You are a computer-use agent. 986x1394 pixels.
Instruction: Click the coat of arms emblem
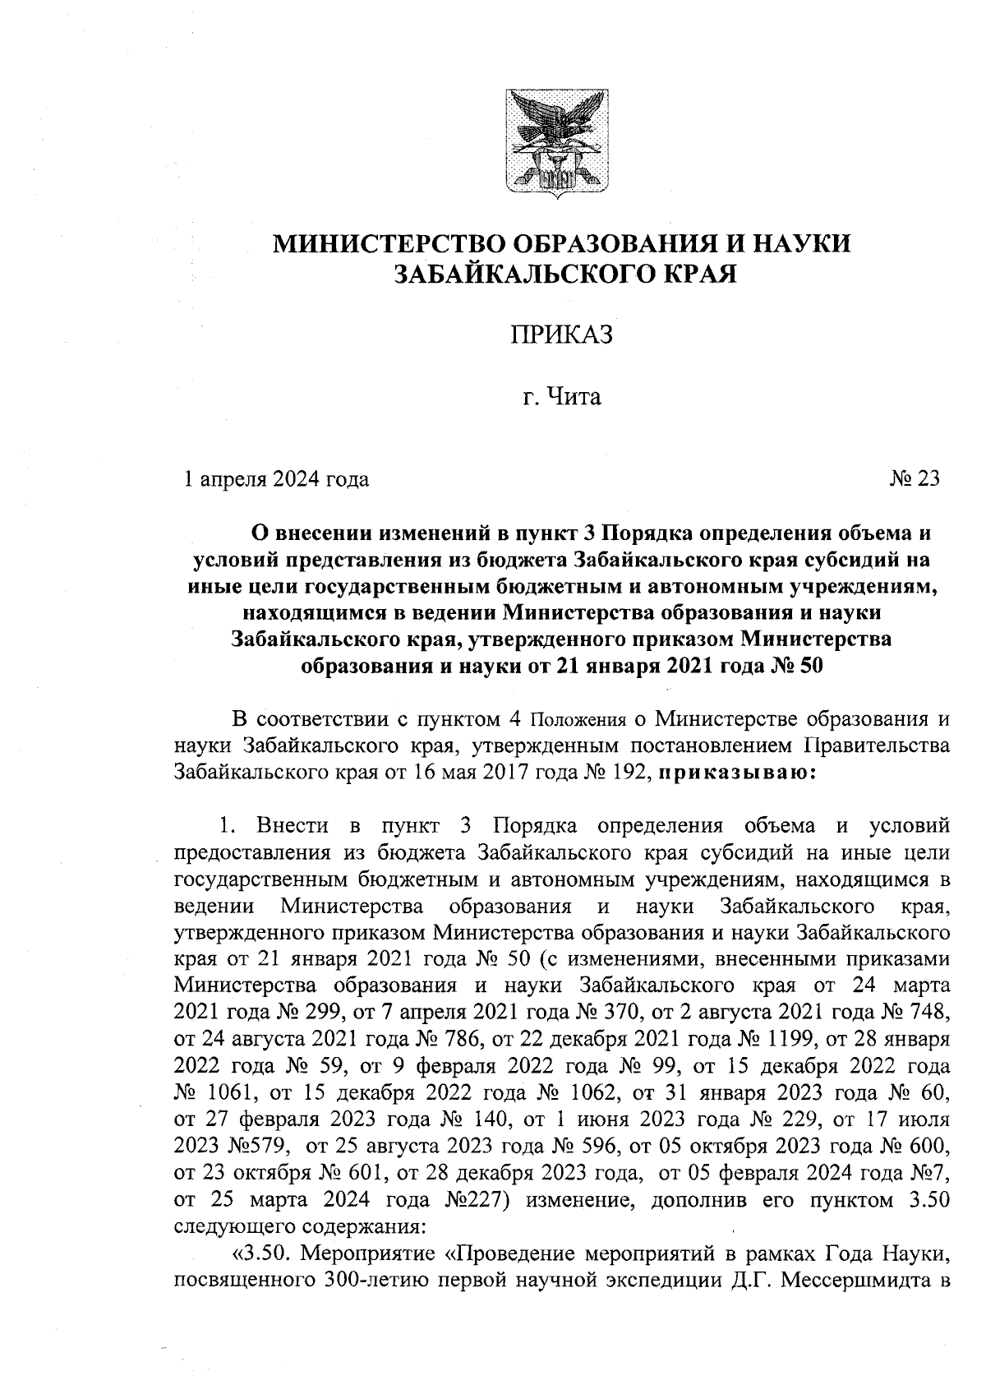click(555, 145)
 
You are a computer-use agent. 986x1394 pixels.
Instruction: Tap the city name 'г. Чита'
click(562, 399)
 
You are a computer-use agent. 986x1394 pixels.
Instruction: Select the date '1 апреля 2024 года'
click(275, 478)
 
